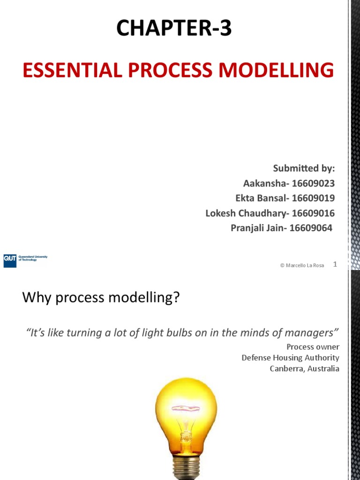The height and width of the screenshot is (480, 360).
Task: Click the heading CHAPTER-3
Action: tap(174, 29)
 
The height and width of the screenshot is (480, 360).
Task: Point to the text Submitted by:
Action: tap(304, 169)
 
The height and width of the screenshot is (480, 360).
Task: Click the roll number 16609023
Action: tap(314, 183)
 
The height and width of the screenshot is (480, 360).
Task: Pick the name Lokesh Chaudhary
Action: tap(246, 213)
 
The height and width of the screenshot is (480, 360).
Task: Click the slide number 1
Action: tap(335, 264)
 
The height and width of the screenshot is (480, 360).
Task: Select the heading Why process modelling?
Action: tap(101, 298)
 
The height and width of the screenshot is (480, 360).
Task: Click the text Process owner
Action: tap(313, 347)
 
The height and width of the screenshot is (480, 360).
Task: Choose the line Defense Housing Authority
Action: tap(290, 358)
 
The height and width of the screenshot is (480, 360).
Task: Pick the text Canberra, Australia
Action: tap(304, 368)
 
